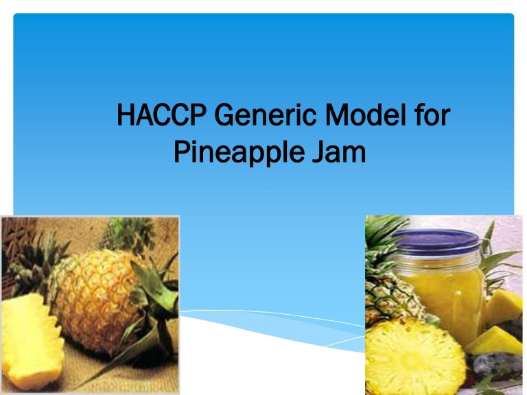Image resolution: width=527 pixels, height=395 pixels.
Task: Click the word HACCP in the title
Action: point(156,115)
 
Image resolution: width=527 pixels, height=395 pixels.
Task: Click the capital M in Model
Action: point(341,115)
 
